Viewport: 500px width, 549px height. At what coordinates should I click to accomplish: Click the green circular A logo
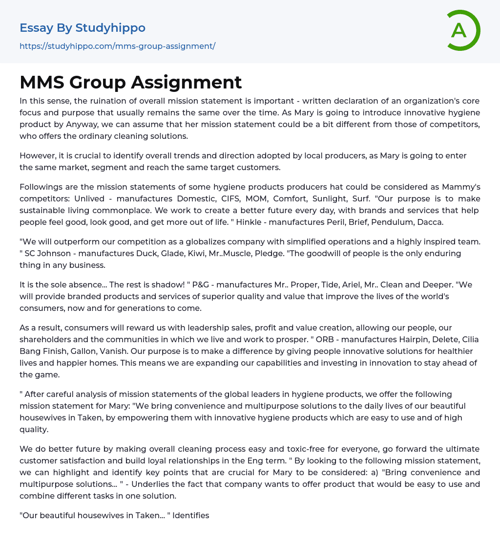coord(463,30)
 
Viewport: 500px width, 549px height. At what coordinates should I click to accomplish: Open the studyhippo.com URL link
coord(117,46)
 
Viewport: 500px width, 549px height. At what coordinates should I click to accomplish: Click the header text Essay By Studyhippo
coord(83,28)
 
